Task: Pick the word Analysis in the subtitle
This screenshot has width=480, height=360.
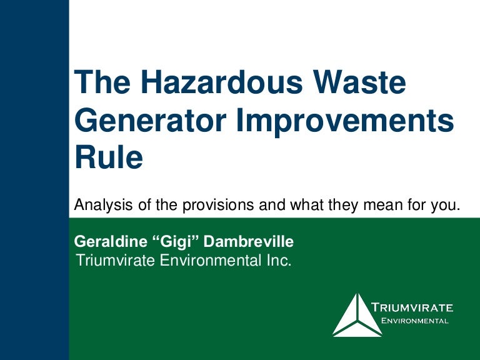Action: tap(99, 205)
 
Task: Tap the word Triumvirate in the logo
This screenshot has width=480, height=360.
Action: tap(412, 307)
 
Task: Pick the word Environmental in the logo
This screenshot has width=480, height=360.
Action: tap(415, 321)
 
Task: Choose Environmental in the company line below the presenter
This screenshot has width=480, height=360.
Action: tap(209, 261)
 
